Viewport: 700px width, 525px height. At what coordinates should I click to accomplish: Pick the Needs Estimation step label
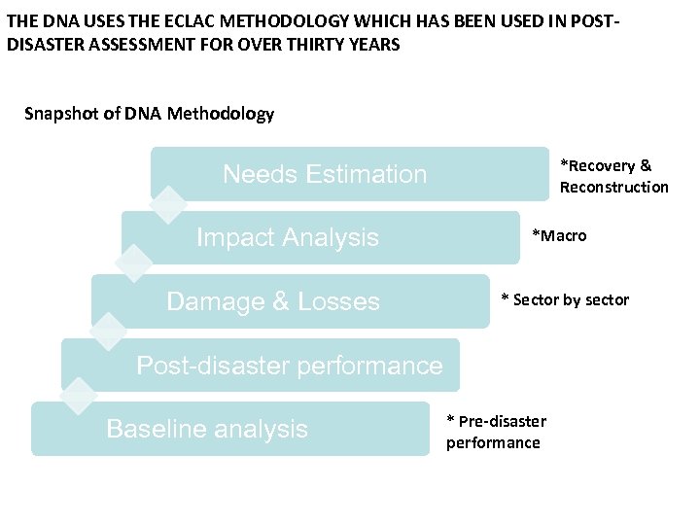pyautogui.click(x=325, y=174)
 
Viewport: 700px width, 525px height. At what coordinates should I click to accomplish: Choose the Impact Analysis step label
pyautogui.click(x=288, y=237)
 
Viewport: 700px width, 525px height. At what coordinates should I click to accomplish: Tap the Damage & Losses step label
pyautogui.click(x=273, y=301)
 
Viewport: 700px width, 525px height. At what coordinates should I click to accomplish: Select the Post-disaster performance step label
pyautogui.click(x=289, y=366)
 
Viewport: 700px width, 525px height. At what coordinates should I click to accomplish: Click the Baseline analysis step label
pyautogui.click(x=207, y=429)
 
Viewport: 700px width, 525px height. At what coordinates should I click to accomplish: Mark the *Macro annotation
pyautogui.click(x=559, y=236)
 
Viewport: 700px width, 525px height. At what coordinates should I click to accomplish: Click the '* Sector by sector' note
pyautogui.click(x=565, y=299)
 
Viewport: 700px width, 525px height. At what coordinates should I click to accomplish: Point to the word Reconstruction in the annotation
pyautogui.click(x=613, y=187)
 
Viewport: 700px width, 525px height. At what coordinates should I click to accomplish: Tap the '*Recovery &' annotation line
pyautogui.click(x=606, y=165)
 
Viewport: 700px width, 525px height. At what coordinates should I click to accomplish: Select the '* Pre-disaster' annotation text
pyautogui.click(x=496, y=421)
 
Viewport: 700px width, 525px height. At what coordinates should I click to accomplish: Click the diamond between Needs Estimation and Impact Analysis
pyautogui.click(x=168, y=204)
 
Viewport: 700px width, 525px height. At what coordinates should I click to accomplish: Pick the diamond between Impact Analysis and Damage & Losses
pyautogui.click(x=135, y=263)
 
